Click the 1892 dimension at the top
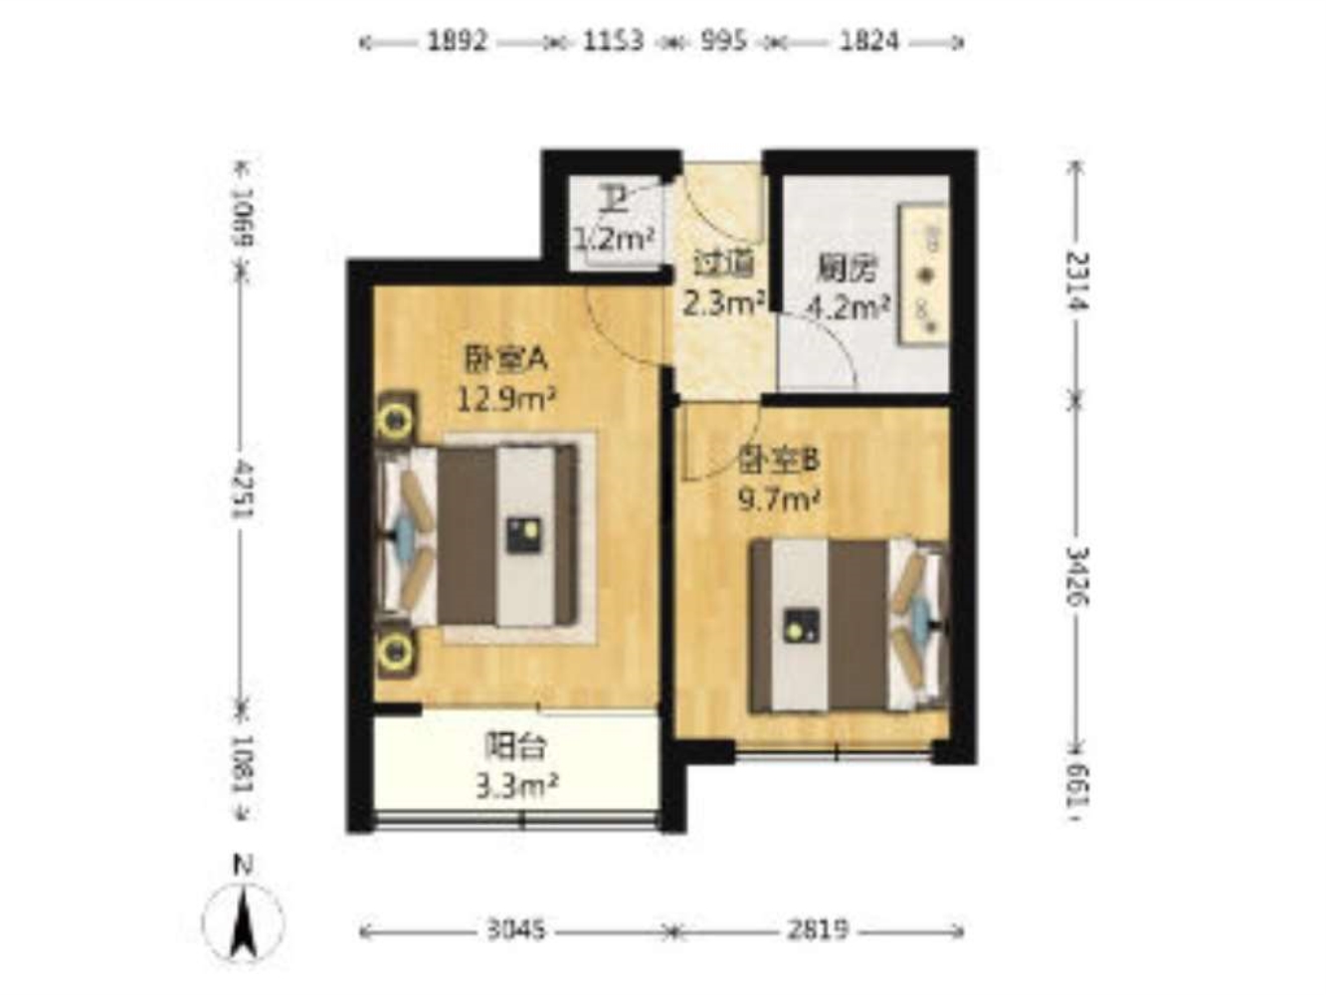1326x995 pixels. pos(457,42)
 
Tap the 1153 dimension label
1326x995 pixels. pos(613,42)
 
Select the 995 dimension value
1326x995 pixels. pos(723,42)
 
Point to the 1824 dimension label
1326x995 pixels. pos(868,42)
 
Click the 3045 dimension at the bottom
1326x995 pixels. pos(516,929)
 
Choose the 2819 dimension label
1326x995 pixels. pos(818,929)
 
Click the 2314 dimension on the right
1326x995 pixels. pos(1077,281)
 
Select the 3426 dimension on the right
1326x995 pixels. pos(1077,576)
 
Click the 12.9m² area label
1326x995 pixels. pos(506,399)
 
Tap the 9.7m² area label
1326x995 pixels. pos(779,499)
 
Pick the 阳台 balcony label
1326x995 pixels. pos(515,746)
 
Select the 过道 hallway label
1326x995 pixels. pos(723,264)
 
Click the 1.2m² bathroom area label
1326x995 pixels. pos(614,239)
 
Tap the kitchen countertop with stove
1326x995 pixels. pos(922,275)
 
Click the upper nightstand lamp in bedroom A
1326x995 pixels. pos(395,418)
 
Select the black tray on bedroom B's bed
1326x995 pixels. pos(801,625)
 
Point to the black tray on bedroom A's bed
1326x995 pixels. pos(524,534)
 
